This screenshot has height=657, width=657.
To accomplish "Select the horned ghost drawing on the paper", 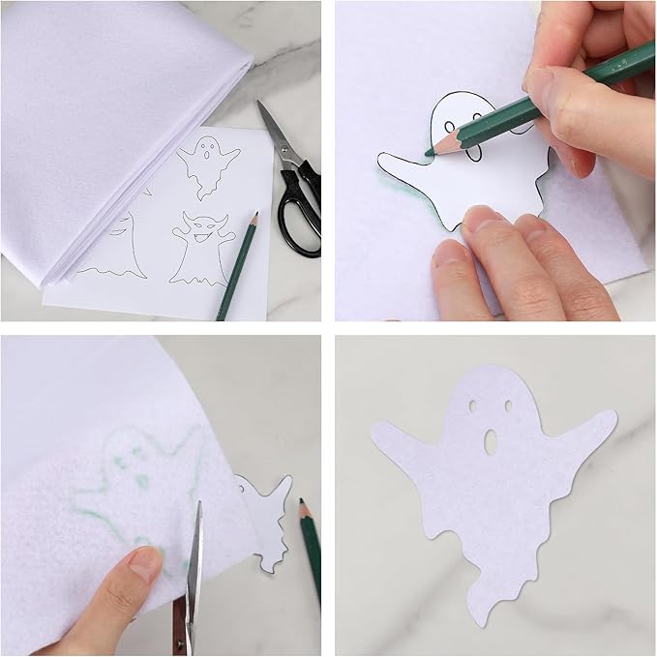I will (x=203, y=249).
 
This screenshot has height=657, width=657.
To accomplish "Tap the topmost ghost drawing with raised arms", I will (x=208, y=164).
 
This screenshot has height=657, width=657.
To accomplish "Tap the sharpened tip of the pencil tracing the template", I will (x=428, y=152).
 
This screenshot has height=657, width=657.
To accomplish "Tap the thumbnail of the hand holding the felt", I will (x=145, y=561).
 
